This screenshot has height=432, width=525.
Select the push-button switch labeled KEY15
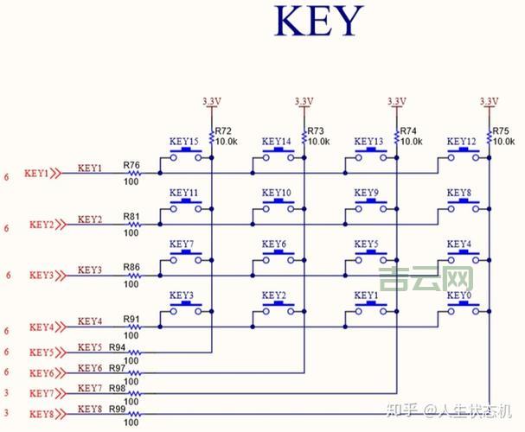(x=185, y=155)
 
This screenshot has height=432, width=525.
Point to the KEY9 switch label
(x=366, y=193)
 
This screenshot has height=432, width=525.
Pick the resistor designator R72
(x=223, y=130)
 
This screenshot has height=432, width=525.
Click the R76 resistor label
(x=131, y=164)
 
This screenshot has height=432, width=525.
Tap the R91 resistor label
(x=131, y=318)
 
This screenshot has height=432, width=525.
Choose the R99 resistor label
(x=118, y=410)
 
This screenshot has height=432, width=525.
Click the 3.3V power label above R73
(x=303, y=101)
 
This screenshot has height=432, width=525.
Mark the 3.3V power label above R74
(x=396, y=101)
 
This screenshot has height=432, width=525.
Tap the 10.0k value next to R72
(x=227, y=141)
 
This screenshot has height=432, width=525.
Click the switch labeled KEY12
(x=463, y=155)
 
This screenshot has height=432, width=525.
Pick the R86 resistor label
(x=131, y=267)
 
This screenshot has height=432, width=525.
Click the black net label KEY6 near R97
(x=90, y=369)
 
